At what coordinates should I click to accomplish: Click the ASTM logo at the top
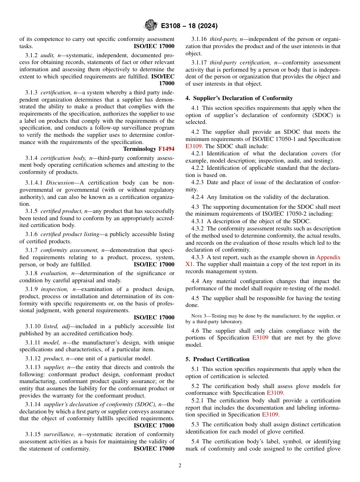click(151, 26)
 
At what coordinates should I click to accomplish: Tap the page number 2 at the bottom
click(180, 466)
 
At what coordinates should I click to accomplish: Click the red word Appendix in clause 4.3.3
click(328, 257)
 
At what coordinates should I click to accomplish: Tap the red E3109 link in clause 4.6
click(260, 338)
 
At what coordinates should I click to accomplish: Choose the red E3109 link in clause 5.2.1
click(271, 415)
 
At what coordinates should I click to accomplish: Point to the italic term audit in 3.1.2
click(47, 55)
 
